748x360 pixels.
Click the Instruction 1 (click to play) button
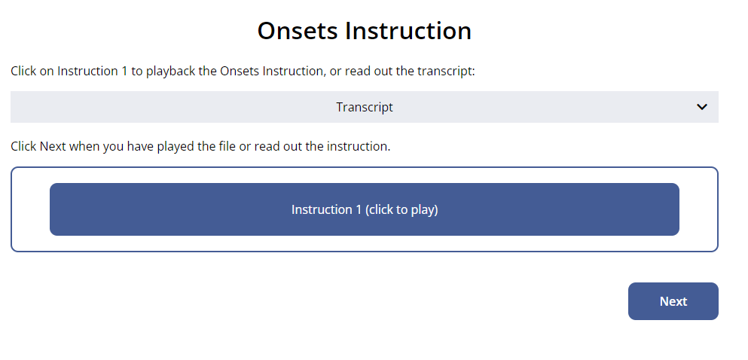(364, 209)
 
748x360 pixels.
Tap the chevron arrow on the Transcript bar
(702, 107)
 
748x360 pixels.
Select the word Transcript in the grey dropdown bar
(365, 107)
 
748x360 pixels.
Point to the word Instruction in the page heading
(408, 31)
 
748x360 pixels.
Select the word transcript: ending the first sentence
(446, 72)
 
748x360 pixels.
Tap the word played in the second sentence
(182, 146)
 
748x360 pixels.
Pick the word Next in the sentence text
(53, 146)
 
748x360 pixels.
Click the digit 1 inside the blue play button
(359, 210)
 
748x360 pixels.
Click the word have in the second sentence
(144, 146)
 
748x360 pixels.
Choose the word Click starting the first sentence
(23, 72)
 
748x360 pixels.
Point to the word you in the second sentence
(113, 147)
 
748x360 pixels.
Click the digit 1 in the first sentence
(124, 72)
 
